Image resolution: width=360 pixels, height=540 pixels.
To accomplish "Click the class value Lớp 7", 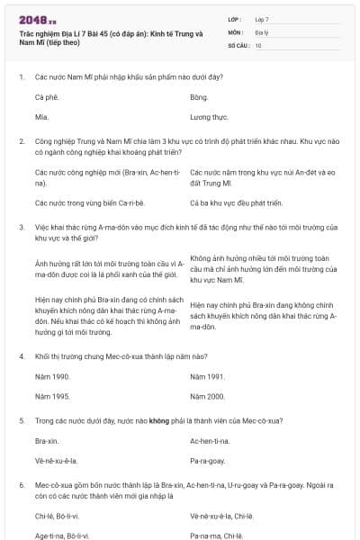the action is [262, 19].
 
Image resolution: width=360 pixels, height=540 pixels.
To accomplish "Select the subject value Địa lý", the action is [261, 31].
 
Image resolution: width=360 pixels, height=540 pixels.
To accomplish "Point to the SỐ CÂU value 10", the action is [258, 44].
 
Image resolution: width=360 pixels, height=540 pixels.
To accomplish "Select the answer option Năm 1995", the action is [51, 396].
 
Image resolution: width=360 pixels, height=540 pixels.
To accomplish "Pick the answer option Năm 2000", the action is [207, 396].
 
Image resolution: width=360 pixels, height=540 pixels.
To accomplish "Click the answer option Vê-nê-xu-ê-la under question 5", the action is [58, 460].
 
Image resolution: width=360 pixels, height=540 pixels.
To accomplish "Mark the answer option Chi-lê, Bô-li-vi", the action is [57, 516].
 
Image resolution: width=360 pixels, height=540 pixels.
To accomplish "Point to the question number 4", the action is [21, 356].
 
